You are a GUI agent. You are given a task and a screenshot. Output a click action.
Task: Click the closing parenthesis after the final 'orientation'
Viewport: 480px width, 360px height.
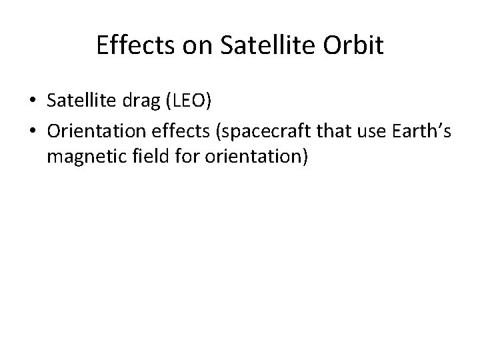click(x=304, y=159)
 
